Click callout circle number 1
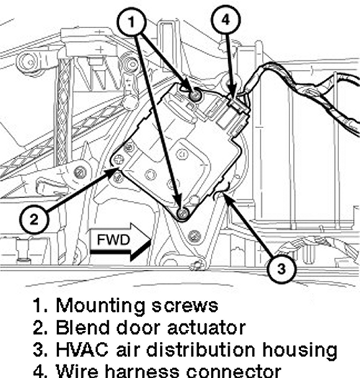point(132,22)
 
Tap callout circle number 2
point(34,220)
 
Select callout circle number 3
point(281,269)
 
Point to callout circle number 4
point(225,20)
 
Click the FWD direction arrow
point(120,241)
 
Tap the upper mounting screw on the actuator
point(196,96)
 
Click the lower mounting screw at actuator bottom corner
point(183,213)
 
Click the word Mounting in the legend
point(101,306)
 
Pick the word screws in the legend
point(185,306)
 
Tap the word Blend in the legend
point(83,328)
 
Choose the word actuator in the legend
point(207,328)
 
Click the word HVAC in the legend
point(82,349)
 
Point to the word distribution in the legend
point(201,349)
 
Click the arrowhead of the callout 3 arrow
point(224,197)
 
